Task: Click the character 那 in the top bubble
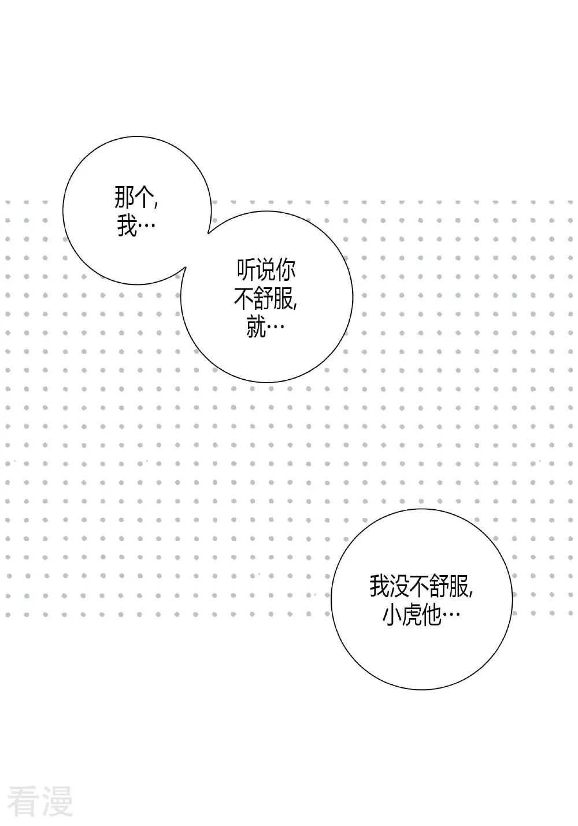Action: click(x=124, y=198)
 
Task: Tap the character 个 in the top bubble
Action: click(x=144, y=198)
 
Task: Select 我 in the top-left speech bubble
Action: click(x=127, y=225)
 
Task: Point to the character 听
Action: click(x=246, y=271)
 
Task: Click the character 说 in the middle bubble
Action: click(x=266, y=271)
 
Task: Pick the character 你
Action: click(x=286, y=271)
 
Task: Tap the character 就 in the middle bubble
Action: click(x=256, y=327)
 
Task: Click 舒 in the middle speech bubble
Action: click(x=264, y=299)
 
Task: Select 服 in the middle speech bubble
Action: click(x=283, y=299)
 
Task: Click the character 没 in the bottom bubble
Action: click(x=399, y=586)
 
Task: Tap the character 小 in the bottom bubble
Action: click(x=392, y=614)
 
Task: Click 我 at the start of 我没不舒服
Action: click(x=380, y=586)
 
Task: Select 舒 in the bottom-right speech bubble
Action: click(x=439, y=586)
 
